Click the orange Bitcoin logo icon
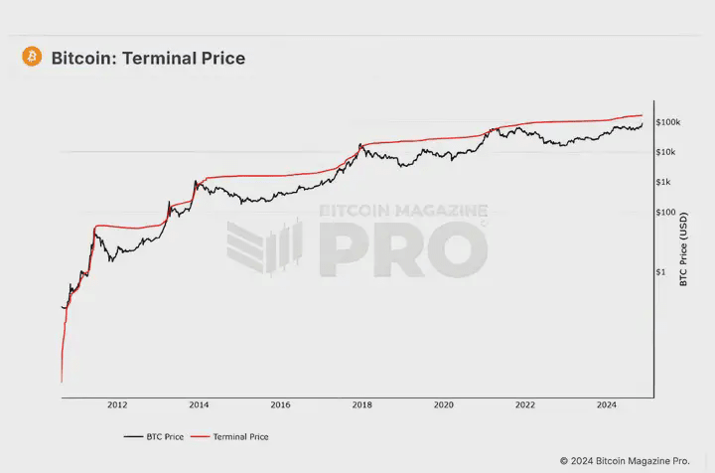32,58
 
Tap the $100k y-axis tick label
667,122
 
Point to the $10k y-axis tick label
667,152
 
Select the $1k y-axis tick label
664,182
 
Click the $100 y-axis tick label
665,213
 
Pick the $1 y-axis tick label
661,272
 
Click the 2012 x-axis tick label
117,405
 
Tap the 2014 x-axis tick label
199,405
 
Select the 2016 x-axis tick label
280,405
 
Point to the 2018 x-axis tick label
362,405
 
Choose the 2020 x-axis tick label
444,405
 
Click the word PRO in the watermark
402,249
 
